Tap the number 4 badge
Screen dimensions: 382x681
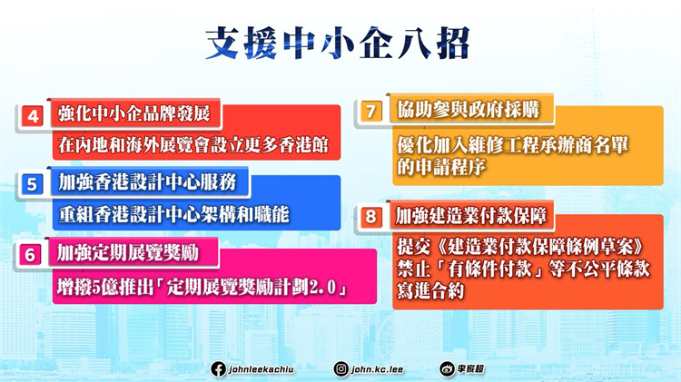tap(32, 116)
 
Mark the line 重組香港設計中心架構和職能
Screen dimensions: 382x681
tap(169, 214)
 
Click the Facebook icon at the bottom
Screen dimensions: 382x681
tap(218, 368)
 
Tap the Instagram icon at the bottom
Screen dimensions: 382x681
tap(340, 368)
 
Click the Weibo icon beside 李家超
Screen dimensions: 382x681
tap(447, 368)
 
